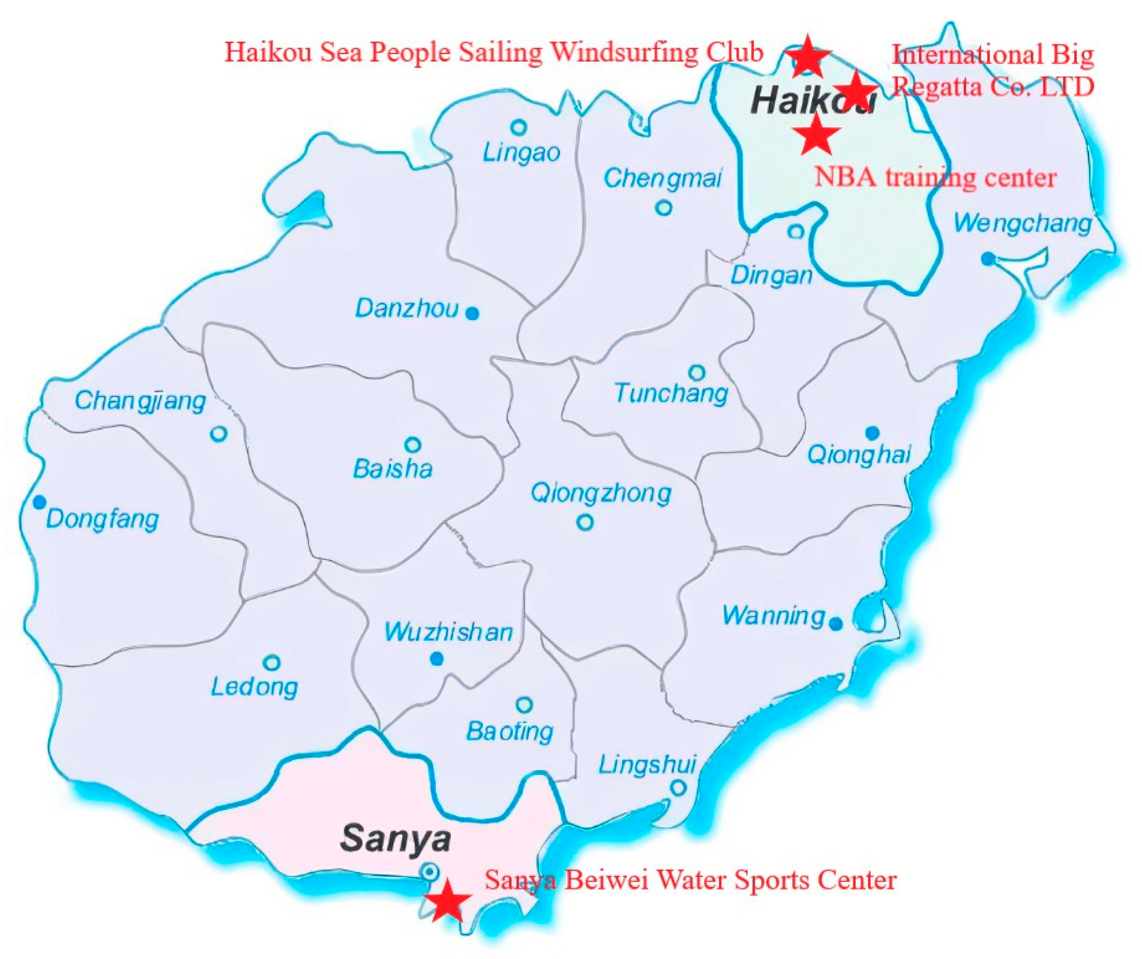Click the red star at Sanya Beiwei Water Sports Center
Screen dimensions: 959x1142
(x=447, y=901)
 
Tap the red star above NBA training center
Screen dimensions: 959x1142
(x=817, y=134)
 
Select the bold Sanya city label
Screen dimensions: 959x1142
(x=395, y=838)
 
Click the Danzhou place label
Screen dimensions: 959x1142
(x=407, y=309)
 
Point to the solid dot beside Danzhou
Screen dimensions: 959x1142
(x=473, y=313)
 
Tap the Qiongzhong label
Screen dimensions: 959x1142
(x=601, y=494)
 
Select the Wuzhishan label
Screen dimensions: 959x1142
(x=448, y=632)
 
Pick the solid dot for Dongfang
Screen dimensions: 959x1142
(x=39, y=502)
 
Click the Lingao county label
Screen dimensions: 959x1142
(x=521, y=153)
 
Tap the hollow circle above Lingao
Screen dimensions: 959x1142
(x=519, y=128)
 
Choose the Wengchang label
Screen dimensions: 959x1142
(x=1022, y=224)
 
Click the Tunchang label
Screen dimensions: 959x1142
(x=671, y=393)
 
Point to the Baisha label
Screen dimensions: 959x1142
(x=393, y=469)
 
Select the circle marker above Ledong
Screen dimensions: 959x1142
(x=271, y=663)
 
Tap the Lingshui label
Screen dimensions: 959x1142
(x=647, y=765)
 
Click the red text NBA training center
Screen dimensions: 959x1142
(x=935, y=177)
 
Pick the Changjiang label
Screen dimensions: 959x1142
(x=140, y=401)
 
